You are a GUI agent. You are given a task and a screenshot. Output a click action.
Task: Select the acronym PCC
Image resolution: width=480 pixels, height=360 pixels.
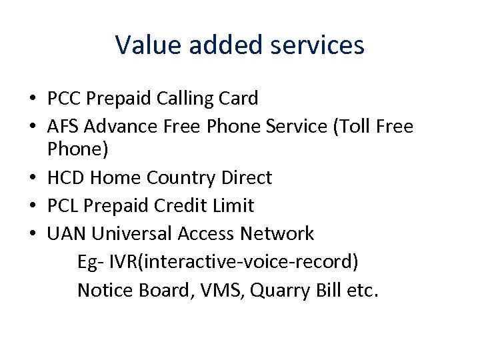(65, 99)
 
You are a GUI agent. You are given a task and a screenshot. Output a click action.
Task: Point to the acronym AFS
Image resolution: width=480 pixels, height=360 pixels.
(64, 127)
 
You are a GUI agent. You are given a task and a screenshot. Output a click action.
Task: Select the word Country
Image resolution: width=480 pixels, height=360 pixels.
(179, 178)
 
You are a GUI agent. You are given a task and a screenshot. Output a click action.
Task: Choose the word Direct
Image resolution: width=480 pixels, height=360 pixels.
(245, 178)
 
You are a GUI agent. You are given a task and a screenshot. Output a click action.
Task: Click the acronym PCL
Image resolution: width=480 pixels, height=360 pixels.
(64, 205)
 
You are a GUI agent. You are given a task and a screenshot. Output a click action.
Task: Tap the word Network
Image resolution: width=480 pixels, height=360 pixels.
(277, 233)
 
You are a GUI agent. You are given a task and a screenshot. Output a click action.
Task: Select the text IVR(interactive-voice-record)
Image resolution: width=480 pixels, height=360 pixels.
(233, 262)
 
